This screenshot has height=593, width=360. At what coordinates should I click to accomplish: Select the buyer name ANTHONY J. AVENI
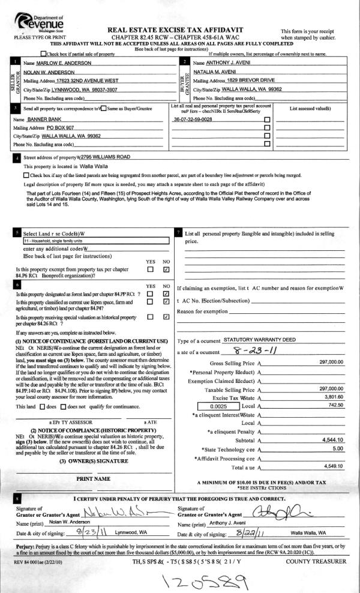(224, 62)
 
